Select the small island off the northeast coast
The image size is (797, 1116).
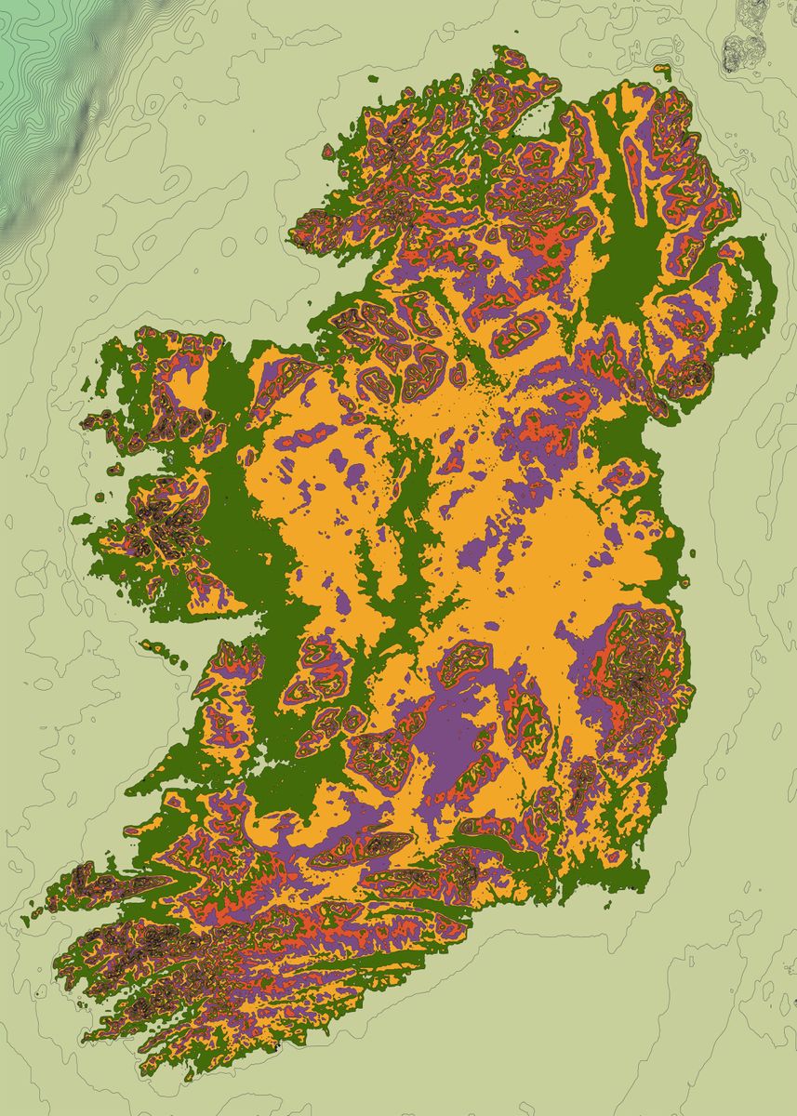pyautogui.click(x=662, y=70)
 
